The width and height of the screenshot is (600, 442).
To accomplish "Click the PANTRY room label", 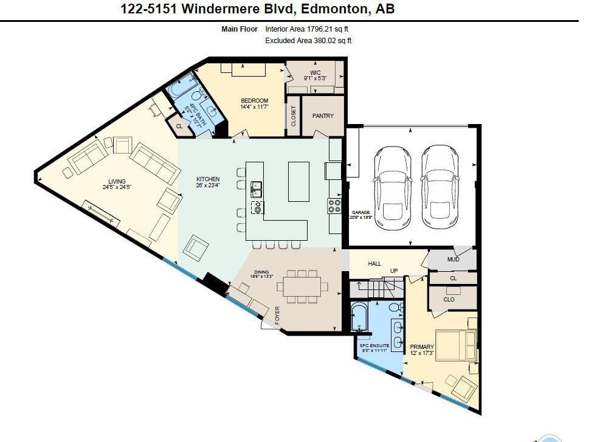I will [x=323, y=116].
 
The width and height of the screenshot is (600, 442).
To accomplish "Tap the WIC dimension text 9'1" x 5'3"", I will [x=316, y=78].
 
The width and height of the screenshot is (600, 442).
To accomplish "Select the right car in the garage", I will [x=439, y=187].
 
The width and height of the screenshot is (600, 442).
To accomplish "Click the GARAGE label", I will [x=360, y=212].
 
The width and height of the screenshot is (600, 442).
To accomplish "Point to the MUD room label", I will [x=453, y=260].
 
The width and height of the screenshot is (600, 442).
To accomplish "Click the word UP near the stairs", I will [x=393, y=271].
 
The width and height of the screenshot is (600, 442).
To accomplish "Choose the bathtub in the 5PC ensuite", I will [x=359, y=317].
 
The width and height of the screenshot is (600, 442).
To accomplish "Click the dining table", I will [x=302, y=286].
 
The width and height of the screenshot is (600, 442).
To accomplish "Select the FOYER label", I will [x=278, y=316].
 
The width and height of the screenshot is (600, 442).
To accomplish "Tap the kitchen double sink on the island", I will [x=257, y=190].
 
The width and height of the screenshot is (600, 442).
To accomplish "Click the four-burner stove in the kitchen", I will [x=334, y=206].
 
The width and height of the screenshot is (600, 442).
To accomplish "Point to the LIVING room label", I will [x=117, y=181].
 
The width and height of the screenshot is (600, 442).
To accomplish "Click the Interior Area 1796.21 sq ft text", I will [x=306, y=29].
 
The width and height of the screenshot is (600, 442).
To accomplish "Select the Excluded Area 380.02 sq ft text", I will [x=308, y=41].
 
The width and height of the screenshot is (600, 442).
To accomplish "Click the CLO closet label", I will [x=449, y=299].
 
